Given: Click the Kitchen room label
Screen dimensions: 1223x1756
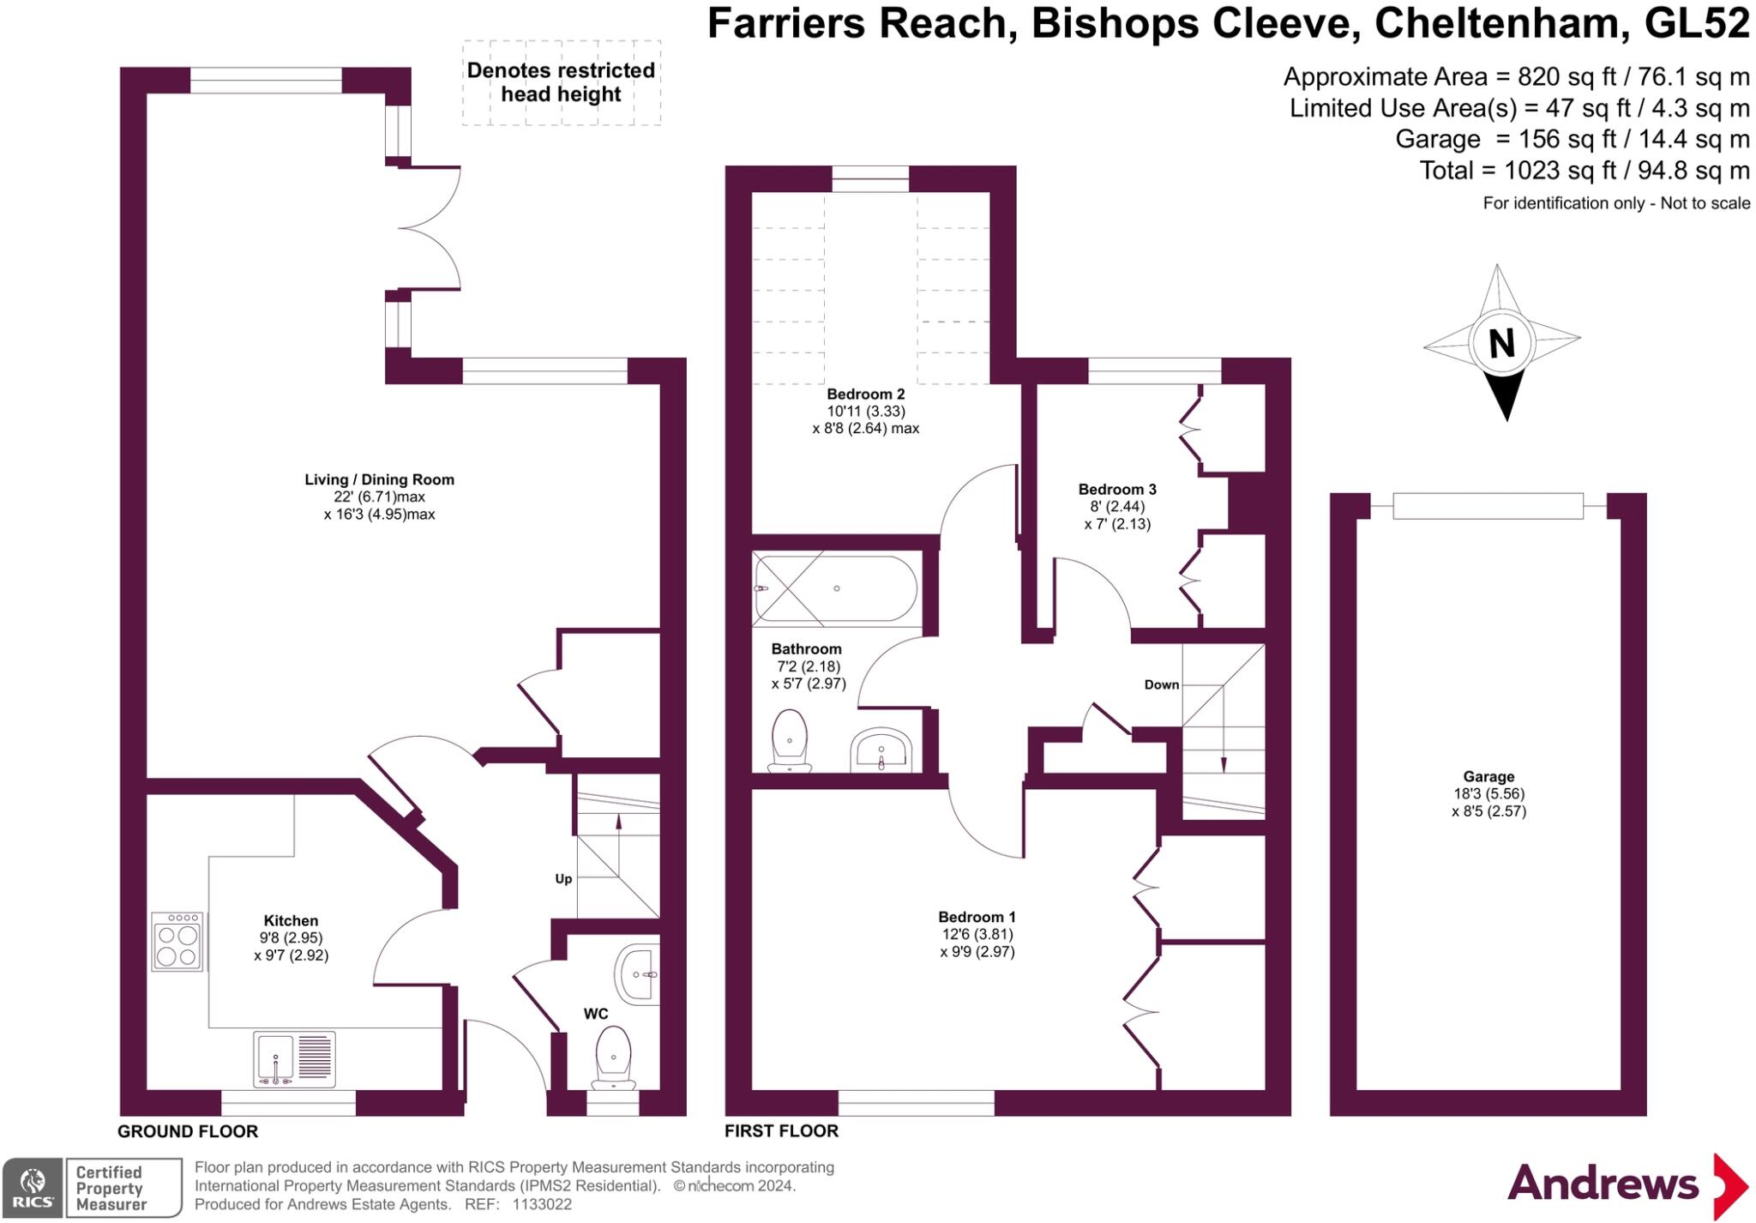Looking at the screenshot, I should pos(291,921).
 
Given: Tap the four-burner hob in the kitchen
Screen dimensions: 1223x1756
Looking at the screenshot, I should pos(177,942).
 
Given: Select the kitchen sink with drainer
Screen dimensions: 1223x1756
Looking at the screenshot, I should pos(294,1060).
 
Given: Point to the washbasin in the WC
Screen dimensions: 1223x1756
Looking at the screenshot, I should pos(638,974).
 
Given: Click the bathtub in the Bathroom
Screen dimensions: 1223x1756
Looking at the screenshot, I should pos(835,588).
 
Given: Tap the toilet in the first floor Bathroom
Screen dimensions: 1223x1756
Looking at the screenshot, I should pos(790,740).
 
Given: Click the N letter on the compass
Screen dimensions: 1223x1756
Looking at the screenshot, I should pos(1501,344).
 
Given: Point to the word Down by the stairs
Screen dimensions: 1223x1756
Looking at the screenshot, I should pos(1162,684).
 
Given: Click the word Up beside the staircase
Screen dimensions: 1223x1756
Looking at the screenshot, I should pos(563,879).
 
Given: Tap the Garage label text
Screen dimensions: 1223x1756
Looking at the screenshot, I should pos(1488,777).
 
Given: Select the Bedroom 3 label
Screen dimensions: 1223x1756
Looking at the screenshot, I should pos(1117,490).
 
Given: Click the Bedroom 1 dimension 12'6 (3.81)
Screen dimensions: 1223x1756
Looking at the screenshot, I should pos(977,935).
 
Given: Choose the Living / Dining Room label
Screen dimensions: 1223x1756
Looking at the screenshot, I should pos(379,480).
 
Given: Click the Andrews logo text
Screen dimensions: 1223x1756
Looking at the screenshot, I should pos(1603,1184).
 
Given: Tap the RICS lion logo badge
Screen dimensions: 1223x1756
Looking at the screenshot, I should pos(33,1187).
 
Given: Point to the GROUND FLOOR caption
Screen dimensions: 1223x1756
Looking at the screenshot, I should pos(188,1131).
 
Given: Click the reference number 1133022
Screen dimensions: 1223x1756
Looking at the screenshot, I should pos(542,1204).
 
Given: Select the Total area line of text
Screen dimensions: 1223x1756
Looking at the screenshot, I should pos(1585,171).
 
